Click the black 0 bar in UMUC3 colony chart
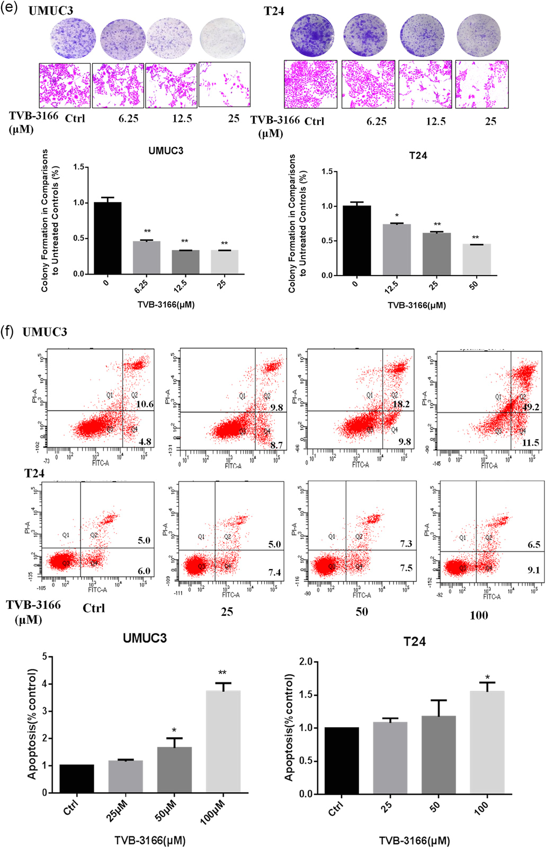click(x=108, y=238)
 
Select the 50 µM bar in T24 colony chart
click(x=477, y=259)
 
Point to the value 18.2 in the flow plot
click(x=401, y=404)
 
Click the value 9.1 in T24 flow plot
click(x=533, y=570)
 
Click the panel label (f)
click(x=7, y=332)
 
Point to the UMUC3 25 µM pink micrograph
click(x=225, y=84)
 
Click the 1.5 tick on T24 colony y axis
click(x=327, y=172)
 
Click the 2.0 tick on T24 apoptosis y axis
click(x=305, y=661)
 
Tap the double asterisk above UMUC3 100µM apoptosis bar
click(x=222, y=674)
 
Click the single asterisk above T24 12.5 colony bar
click(x=397, y=216)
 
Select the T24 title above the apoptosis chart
click(x=414, y=642)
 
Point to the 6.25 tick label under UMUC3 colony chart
click(x=141, y=286)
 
